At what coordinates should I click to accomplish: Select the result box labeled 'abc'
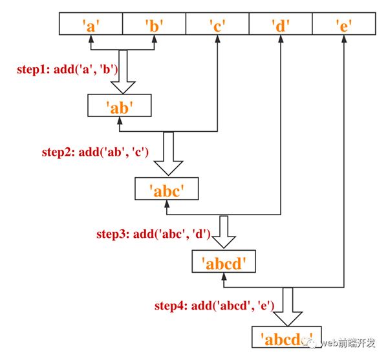click(166, 189)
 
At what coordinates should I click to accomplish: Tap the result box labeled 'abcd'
click(224, 262)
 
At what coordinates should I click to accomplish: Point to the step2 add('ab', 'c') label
click(95, 153)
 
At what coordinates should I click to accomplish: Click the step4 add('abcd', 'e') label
click(214, 305)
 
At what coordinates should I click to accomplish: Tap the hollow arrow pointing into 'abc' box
click(168, 153)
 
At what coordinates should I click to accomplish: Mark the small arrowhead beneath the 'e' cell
click(343, 40)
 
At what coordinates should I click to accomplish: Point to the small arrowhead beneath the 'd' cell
click(280, 40)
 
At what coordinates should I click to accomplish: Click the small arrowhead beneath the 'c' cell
click(216, 40)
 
